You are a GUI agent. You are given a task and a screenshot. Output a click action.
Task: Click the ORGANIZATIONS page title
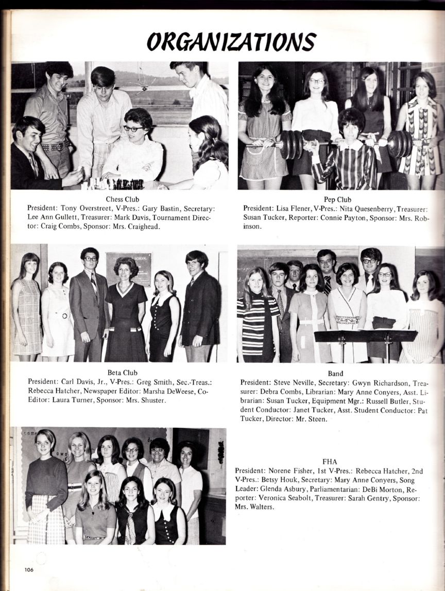coord(231,41)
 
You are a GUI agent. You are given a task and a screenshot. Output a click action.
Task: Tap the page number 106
coord(28,569)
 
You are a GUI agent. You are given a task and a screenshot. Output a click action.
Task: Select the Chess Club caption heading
coord(123,199)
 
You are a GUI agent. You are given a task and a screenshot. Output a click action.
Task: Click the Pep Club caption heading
coord(337,199)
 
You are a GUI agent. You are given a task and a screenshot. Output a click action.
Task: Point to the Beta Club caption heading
coord(122,372)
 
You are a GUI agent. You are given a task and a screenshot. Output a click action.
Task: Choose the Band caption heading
coord(335,373)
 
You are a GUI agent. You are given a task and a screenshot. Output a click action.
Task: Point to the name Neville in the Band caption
coord(300,383)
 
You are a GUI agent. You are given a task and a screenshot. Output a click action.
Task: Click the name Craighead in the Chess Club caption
coord(140,227)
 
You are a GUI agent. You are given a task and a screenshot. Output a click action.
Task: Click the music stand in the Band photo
coord(365,337)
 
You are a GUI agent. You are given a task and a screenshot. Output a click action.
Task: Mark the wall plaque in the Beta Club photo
coord(129,268)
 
